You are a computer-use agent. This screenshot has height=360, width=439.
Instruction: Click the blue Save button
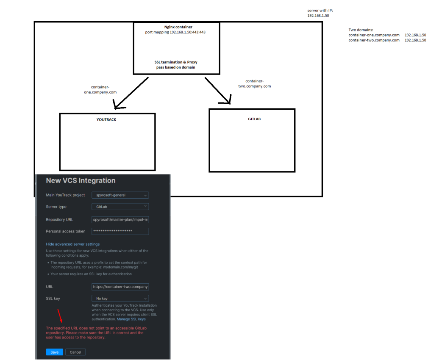coord(55,352)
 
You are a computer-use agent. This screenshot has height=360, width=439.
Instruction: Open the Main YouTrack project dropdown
coord(120,195)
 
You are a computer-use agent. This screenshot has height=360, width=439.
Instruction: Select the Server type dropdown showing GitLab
coord(120,207)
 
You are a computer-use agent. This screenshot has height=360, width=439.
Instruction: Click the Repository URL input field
coord(120,220)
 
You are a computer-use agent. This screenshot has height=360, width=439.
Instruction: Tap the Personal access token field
coord(120,231)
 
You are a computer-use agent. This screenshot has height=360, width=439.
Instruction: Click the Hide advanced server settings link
coord(73,244)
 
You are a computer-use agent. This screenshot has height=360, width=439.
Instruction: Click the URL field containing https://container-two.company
coord(120,287)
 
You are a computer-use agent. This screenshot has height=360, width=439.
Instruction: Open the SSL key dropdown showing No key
coord(120,298)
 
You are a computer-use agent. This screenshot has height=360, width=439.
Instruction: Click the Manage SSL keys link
coord(131,319)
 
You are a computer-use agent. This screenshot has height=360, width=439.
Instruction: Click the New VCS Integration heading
coord(81,180)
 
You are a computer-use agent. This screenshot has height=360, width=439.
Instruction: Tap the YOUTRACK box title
coord(106,120)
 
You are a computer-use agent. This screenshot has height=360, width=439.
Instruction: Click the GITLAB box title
coord(254,119)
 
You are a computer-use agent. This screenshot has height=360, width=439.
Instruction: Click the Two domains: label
coord(361,30)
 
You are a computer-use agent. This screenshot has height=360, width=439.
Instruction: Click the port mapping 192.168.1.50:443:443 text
coord(172,32)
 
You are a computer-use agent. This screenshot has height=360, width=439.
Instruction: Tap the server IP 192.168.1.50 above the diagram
coord(318,15)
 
